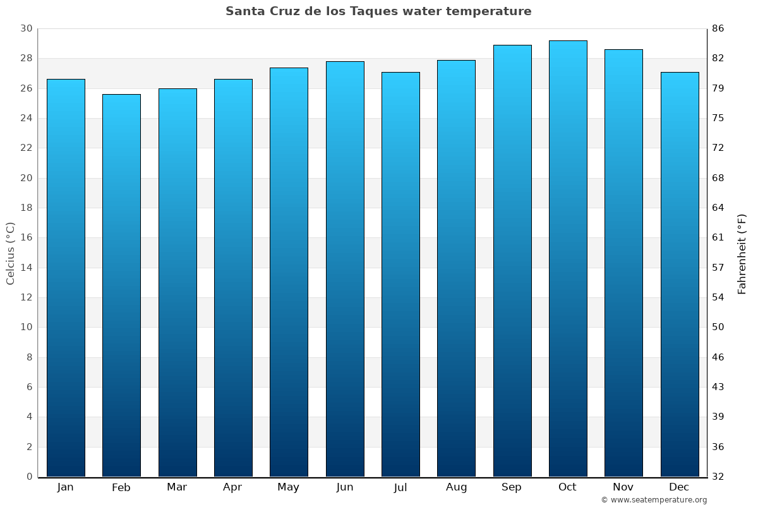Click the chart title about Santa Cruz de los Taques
point(378,11)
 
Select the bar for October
point(567,259)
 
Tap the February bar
point(121,285)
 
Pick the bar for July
point(400,275)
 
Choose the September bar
point(512,261)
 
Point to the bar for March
point(177,283)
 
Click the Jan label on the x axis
point(65,487)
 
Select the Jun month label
point(345,487)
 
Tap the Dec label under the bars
point(679,487)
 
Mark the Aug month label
point(456,487)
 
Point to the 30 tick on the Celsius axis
point(26,29)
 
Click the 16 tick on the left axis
point(26,238)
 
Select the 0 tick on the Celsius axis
point(29,477)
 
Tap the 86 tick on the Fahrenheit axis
point(718,29)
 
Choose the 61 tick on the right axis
point(718,238)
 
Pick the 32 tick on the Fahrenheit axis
point(718,477)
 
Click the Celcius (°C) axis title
point(11,253)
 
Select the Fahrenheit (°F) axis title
point(742,253)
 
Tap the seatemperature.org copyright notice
point(654,500)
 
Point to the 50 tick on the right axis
point(718,327)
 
